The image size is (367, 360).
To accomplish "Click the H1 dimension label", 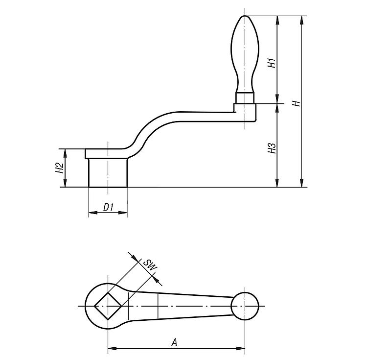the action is tap(273, 62).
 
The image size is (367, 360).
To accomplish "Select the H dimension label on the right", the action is tap(297, 103).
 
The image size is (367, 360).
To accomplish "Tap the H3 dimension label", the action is tap(273, 148).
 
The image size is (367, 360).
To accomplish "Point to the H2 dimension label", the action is tap(60, 168).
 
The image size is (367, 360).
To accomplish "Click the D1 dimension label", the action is tap(108, 207).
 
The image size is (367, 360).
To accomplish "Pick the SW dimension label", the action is tap(150, 265).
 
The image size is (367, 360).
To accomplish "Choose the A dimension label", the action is tap(174, 342).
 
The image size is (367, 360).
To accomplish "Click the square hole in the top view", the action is tap(108, 306).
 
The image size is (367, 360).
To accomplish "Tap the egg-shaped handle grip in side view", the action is tap(245, 54).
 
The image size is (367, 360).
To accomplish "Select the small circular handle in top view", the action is tap(245, 306).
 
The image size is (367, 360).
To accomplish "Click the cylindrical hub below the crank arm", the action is tap(108, 172).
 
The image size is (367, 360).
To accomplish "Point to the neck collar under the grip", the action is tap(245, 98).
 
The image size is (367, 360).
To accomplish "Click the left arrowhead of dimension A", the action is tap(113, 349).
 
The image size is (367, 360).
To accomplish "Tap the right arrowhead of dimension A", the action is tap(240, 349).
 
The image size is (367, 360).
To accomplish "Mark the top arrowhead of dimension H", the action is tap(302, 20).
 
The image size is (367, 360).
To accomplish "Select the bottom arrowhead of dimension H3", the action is tap(277, 183).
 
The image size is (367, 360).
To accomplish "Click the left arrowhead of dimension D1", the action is tap(93, 213).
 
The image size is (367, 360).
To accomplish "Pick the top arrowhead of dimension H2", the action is tap(65, 153).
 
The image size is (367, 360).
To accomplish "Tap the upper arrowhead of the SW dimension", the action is tap(135, 257).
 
